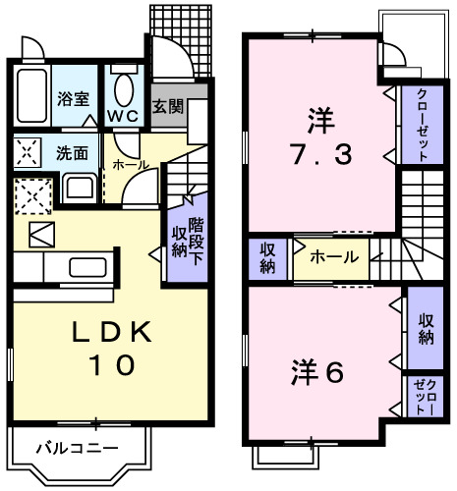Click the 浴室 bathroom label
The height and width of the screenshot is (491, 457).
pyautogui.click(x=74, y=99)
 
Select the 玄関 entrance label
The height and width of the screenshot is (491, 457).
pyautogui.click(x=167, y=106)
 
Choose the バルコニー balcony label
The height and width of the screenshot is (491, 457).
pyautogui.click(x=75, y=450)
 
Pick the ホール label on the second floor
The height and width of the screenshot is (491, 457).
pyautogui.click(x=334, y=258)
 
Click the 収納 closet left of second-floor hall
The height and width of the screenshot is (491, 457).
pyautogui.click(x=267, y=257)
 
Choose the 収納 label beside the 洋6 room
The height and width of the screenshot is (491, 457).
pyautogui.click(x=425, y=330)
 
